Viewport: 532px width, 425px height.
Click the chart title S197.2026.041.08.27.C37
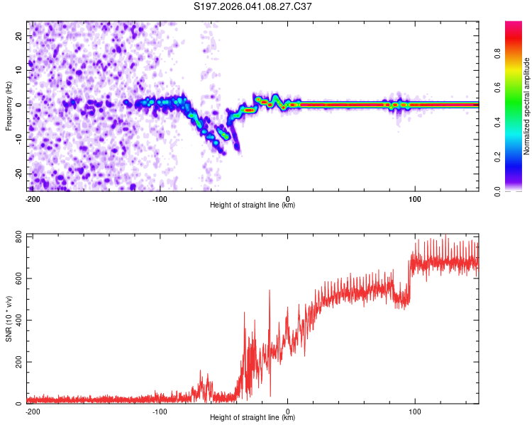pos(253,7)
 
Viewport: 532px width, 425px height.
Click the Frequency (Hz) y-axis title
pos(9,106)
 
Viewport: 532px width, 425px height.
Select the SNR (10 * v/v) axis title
pos(9,319)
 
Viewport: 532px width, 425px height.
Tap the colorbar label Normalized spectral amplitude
pos(527,106)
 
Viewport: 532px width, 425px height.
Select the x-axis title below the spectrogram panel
pos(253,205)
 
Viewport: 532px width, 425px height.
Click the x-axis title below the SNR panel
pos(253,418)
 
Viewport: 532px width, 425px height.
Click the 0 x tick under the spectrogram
pos(287,198)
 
